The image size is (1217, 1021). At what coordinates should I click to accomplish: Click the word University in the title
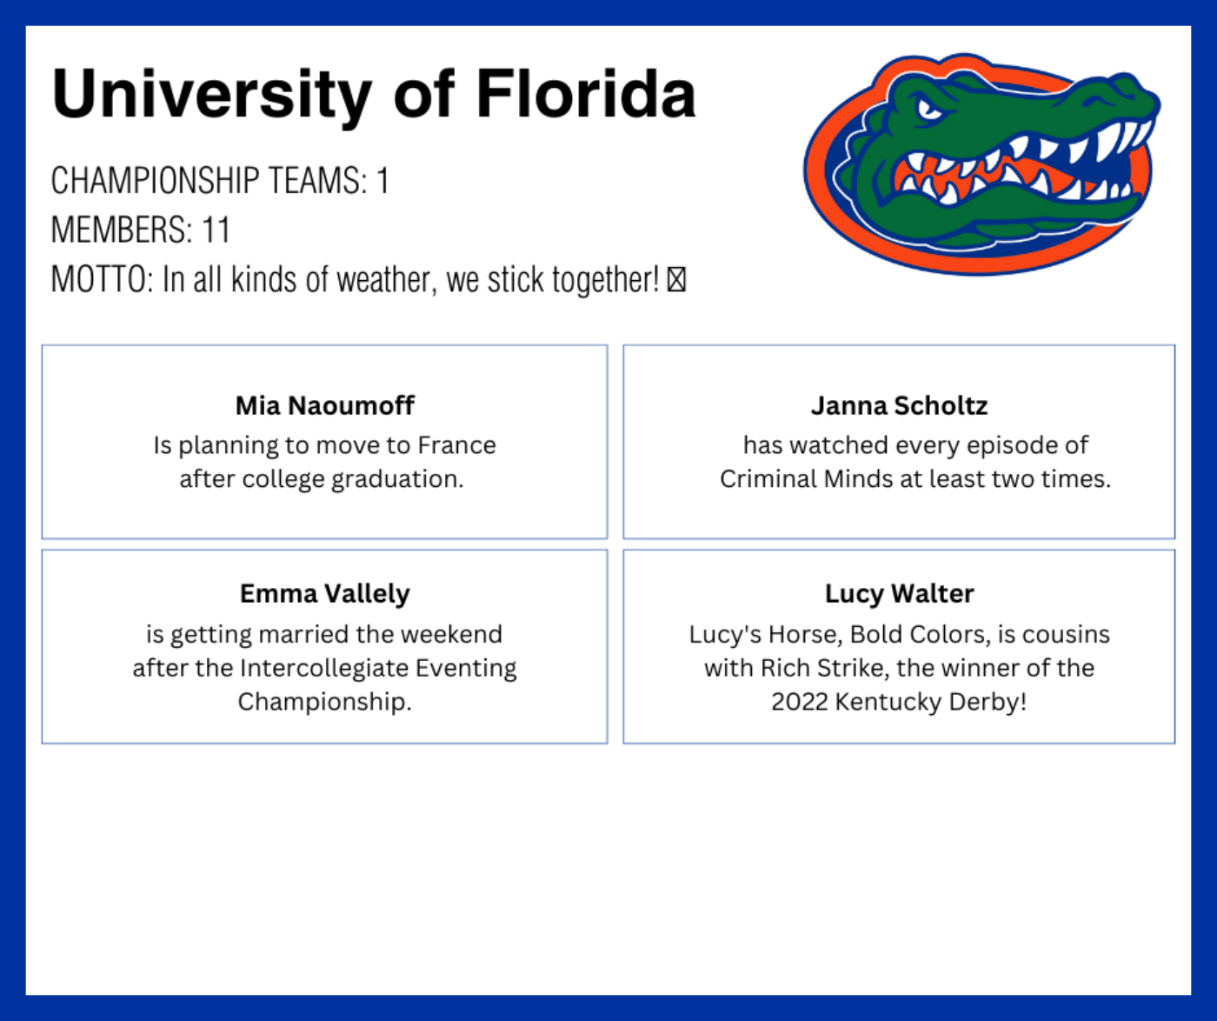(x=211, y=95)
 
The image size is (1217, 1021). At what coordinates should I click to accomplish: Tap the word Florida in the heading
(x=586, y=93)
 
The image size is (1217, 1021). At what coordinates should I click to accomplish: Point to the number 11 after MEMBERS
(x=216, y=230)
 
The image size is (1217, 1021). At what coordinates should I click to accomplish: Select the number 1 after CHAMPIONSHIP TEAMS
(x=382, y=181)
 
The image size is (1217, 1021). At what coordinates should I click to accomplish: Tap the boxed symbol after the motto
(x=676, y=279)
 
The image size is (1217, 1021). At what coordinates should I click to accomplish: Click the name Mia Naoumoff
(x=324, y=406)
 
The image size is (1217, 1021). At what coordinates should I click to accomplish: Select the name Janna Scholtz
(x=900, y=406)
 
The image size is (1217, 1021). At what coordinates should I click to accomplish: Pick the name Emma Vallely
(x=324, y=594)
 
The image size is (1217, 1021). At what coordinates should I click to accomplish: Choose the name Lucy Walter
(x=900, y=594)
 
